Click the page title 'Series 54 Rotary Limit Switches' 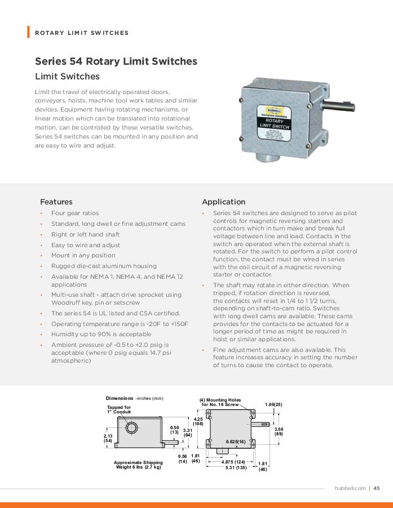coord(116,61)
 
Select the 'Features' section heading coord(56,202)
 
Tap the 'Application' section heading coord(223,202)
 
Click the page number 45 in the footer coord(377,488)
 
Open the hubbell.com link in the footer coord(350,488)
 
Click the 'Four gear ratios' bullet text coord(75,213)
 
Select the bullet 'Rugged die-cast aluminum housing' coord(104,266)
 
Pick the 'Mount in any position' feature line coord(83,255)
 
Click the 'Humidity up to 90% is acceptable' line coord(101,334)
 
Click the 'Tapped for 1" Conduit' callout coord(119,409)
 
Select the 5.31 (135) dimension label coord(236,467)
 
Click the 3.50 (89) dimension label coord(279,431)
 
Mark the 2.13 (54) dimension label coord(108,438)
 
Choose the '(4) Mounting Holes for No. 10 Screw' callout coord(220,402)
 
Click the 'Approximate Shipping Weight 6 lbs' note coord(138,465)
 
